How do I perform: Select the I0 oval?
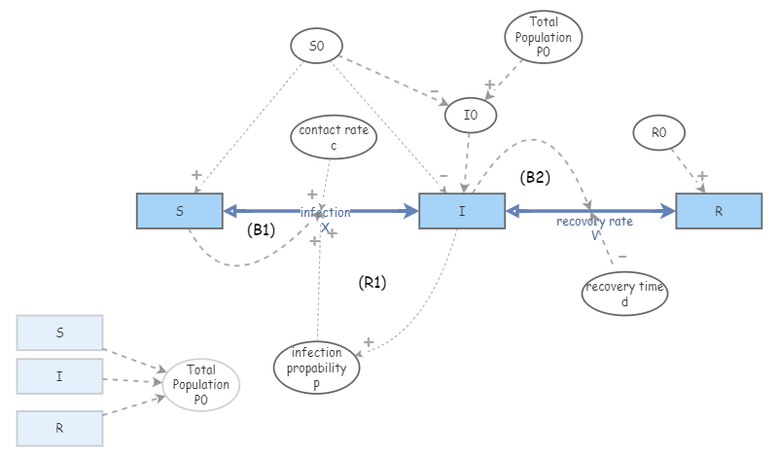pos(471,116)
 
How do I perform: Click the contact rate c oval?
pos(333,137)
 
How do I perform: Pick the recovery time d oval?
pos(625,294)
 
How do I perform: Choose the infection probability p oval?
pos(317,368)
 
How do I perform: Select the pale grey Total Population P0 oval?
pos(201,384)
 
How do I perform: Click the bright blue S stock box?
pos(179,211)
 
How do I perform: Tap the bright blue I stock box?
pos(462,211)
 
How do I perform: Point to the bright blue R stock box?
pos(719,211)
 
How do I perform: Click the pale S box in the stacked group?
pos(59,333)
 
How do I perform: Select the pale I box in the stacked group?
pos(59,375)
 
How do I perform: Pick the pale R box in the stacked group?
pos(59,427)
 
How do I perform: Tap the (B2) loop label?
pos(535,177)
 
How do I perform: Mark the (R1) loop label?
pos(372,282)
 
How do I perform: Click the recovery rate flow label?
pos(594,222)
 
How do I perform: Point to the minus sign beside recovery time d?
pos(622,257)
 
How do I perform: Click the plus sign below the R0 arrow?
pos(702,176)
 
